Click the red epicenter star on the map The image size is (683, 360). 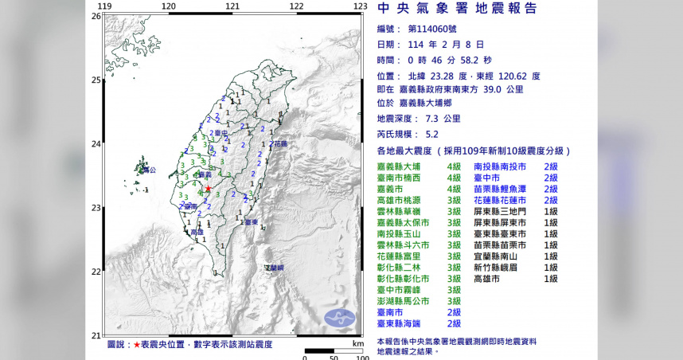coord(209,189)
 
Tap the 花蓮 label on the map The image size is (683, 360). coord(279,144)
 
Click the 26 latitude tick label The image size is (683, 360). coord(96,16)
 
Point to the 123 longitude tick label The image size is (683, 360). coord(360,6)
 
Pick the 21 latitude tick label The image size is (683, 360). coord(96,335)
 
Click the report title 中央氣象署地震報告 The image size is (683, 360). coord(467,9)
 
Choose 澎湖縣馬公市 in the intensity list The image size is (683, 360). coord(403,301)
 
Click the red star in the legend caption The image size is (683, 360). coord(136,344)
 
